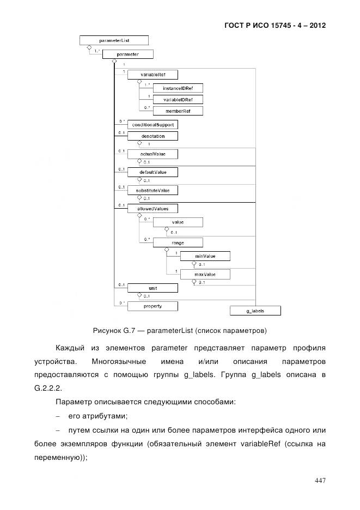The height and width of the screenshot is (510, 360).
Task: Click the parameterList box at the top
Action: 113,40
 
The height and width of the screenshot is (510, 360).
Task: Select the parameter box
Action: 128,54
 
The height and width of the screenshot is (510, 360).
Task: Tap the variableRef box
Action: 152,75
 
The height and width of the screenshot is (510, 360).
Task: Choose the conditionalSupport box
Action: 152,125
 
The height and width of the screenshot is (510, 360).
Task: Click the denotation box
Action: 152,136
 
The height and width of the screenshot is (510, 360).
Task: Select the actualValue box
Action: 152,154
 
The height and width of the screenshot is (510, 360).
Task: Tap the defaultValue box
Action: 152,172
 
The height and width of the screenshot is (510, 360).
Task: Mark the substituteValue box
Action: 152,191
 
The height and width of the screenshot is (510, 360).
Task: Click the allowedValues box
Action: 152,208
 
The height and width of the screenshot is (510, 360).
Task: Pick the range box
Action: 178,241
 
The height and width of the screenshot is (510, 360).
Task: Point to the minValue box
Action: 205,256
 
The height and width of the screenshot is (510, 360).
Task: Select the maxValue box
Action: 205,275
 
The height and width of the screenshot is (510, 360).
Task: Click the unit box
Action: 152,288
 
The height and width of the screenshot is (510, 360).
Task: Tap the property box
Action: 152,306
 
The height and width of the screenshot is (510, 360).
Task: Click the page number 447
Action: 320,480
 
